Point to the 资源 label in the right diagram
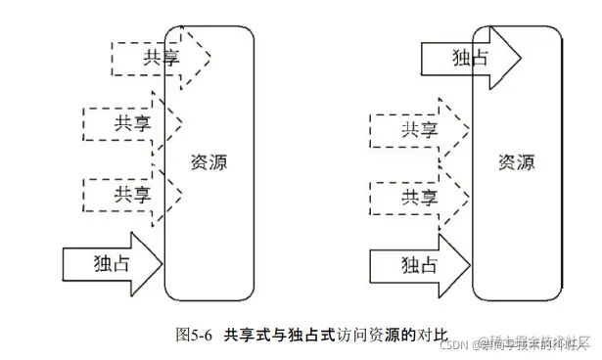click(x=516, y=161)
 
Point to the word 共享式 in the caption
click(x=249, y=334)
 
